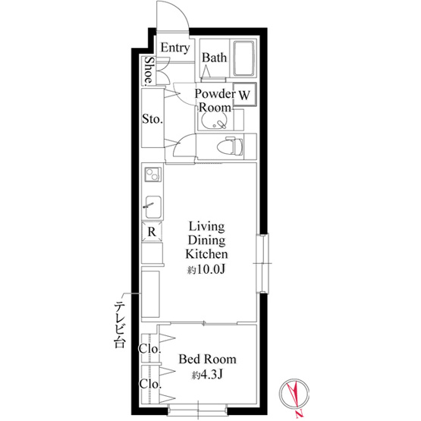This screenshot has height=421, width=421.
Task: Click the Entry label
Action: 175,48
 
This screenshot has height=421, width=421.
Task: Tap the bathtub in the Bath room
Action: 243,58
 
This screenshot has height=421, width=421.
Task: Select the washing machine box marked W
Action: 244,95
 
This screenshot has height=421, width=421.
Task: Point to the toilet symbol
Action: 230,146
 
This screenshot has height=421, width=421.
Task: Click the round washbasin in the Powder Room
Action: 214,121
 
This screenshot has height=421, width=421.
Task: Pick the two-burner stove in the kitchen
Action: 153,174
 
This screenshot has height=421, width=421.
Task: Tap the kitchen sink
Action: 153,207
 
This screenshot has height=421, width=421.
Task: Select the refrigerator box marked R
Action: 152,231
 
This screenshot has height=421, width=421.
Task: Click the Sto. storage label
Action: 152,119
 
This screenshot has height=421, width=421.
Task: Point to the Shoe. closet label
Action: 149,71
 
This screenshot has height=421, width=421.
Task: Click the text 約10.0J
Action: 206,269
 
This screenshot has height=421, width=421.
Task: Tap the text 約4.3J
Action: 207,375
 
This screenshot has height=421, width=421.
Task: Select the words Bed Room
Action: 208,360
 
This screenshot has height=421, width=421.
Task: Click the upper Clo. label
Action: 149,349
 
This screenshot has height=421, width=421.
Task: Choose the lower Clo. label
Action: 150,384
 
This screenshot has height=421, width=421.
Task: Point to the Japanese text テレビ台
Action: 120,325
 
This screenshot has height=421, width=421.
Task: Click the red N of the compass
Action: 300,415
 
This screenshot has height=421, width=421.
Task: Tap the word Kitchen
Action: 206,254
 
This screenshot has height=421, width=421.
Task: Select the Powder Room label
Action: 215,100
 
